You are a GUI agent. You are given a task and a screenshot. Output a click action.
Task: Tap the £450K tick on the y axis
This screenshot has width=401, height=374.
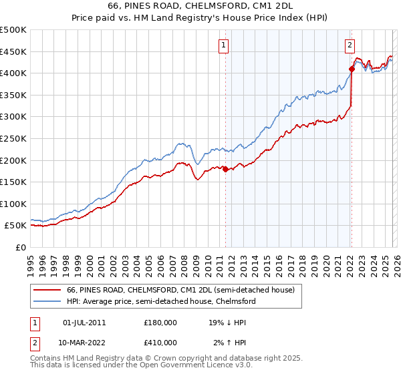(x=13, y=51)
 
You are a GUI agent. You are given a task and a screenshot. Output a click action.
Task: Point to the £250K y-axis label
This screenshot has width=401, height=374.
(x=13, y=138)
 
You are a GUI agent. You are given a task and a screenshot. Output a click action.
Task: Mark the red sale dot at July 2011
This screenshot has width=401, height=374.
(x=225, y=169)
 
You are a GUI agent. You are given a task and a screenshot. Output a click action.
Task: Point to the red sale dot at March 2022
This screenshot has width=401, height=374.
(x=351, y=69)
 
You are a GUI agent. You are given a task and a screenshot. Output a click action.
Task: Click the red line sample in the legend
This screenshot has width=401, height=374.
(x=47, y=290)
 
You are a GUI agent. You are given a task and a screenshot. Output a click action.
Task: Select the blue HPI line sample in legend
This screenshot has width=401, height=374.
(x=47, y=301)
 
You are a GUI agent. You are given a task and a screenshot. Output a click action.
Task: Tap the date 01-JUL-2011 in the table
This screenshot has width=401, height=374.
(x=84, y=323)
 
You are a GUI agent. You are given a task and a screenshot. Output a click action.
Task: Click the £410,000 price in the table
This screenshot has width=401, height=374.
(x=160, y=342)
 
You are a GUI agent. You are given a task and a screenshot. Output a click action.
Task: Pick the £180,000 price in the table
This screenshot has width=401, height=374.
(x=160, y=323)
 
